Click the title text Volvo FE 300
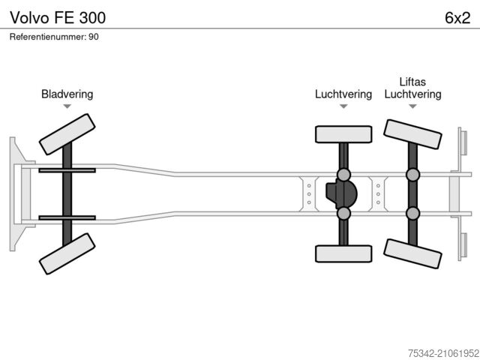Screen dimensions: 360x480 coord(58,16)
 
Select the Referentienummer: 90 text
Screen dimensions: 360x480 coord(54,37)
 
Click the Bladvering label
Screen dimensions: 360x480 coord(67,94)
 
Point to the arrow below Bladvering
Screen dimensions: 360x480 coord(67,106)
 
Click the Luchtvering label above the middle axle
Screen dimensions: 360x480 coord(343,94)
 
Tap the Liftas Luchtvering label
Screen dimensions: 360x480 coord(412,88)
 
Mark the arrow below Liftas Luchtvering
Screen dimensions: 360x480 coord(412,106)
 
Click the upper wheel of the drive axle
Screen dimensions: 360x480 coord(343,134)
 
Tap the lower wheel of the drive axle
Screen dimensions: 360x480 coord(343,253)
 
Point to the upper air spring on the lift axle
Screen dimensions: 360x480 coord(412,175)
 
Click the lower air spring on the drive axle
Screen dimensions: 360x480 coord(343,214)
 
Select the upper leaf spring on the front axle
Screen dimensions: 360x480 coord(67,171)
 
